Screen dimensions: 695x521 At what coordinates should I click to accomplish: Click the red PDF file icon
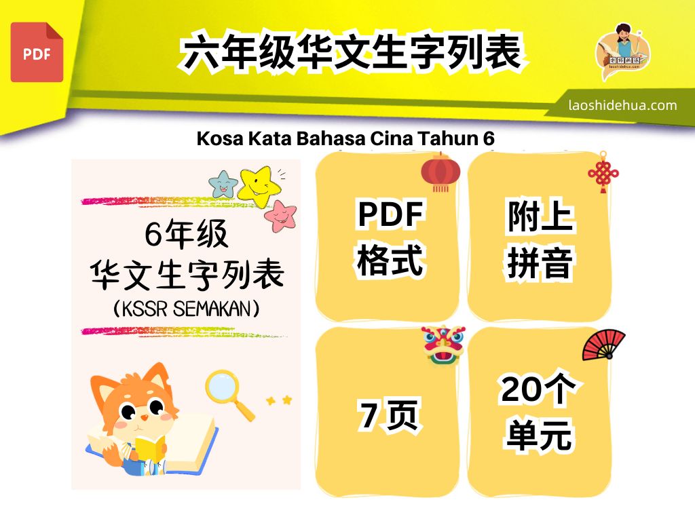point(37,52)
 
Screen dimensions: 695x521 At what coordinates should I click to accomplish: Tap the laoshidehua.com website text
point(623,105)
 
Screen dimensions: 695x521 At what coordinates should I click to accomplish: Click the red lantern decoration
point(440,172)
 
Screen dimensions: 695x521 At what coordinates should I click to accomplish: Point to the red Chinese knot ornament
point(603,172)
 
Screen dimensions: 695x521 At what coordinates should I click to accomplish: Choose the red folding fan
point(603,345)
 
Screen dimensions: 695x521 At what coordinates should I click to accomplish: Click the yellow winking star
point(260,187)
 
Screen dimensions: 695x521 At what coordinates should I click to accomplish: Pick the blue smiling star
point(223,185)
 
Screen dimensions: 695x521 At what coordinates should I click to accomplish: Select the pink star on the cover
point(280,216)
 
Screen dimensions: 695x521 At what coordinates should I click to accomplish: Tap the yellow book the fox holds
point(150,448)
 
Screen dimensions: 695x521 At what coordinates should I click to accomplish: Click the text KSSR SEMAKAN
point(187,309)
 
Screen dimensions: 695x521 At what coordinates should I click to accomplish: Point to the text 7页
point(388,415)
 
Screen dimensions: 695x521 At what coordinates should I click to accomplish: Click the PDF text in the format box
point(390,214)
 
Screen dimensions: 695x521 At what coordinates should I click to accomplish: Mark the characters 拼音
point(540,263)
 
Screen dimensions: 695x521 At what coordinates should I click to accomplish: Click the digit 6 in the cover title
point(153,233)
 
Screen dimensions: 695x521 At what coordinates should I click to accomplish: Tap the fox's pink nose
point(144,417)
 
